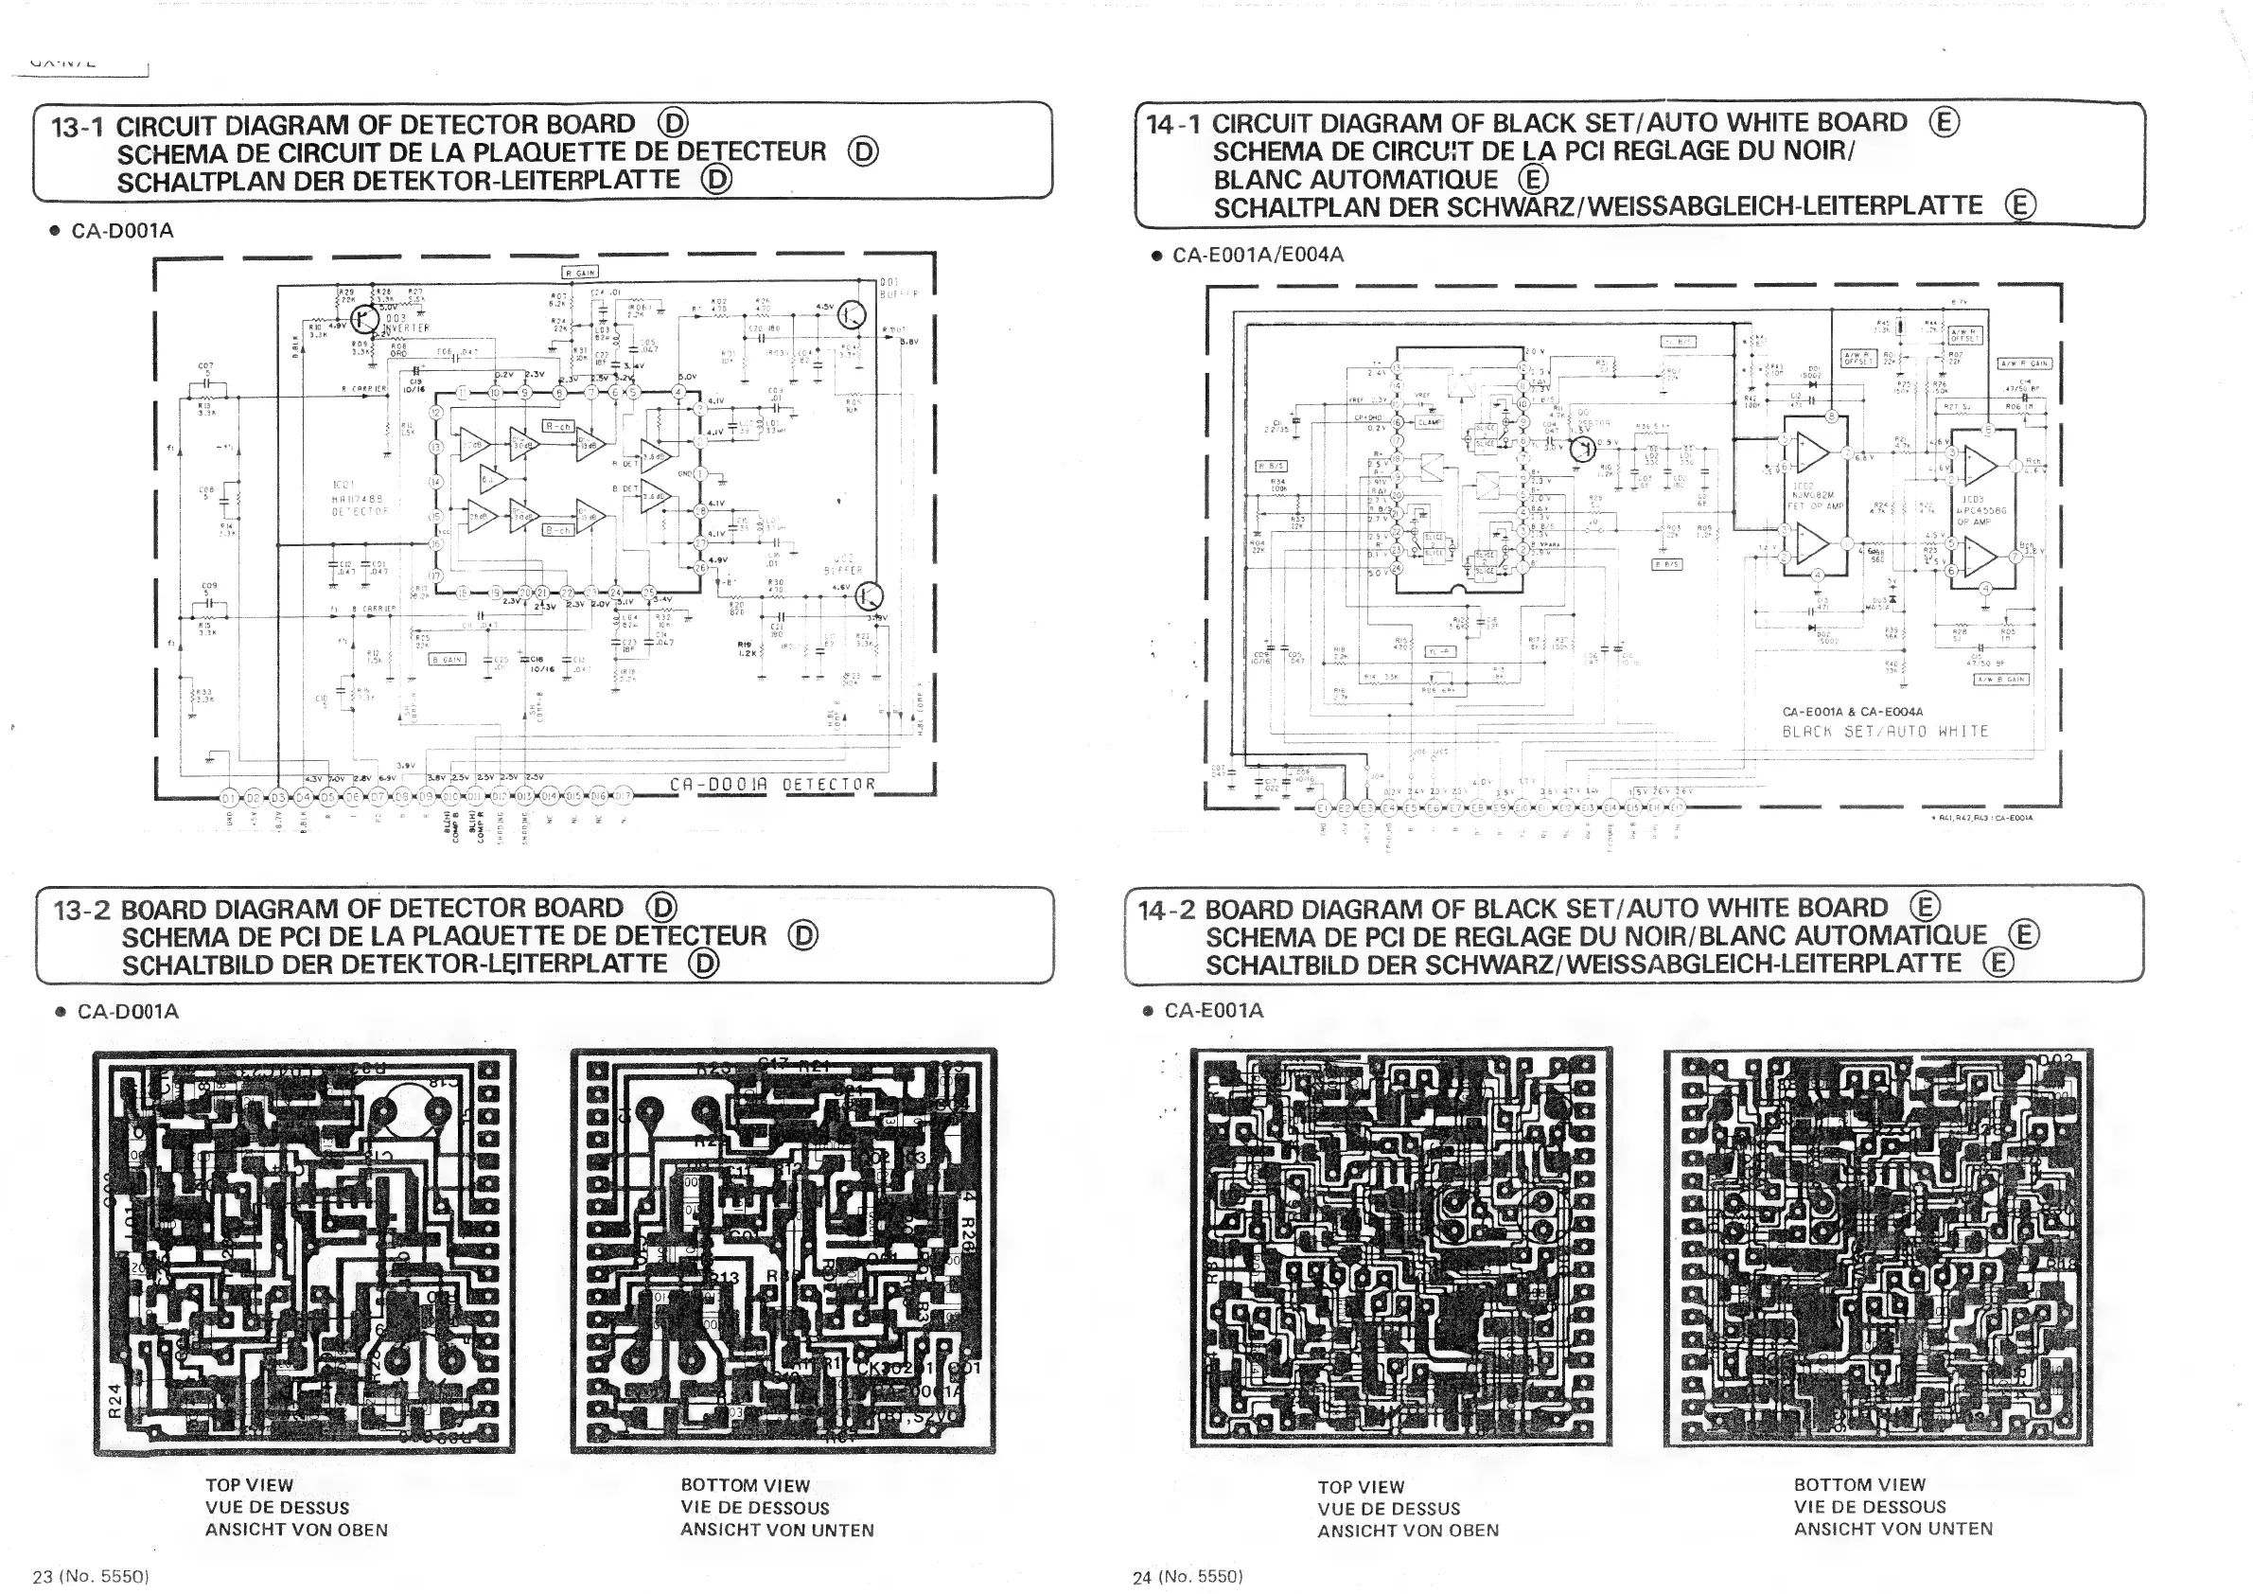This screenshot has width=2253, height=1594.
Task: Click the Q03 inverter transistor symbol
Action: coord(365,319)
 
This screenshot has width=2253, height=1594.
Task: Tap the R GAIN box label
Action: coord(580,272)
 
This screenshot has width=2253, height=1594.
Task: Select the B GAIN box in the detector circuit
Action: coord(447,660)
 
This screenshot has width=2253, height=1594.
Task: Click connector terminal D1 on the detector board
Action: coord(229,797)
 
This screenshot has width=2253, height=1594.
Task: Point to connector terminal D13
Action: coord(524,797)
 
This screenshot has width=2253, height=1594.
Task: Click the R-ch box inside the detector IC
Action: coord(558,427)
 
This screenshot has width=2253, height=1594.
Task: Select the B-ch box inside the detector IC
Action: coord(558,530)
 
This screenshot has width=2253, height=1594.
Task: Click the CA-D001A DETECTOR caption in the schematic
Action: coord(771,785)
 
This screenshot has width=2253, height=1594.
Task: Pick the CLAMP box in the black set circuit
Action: coord(1429,422)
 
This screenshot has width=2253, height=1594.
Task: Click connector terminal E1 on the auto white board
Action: coord(1323,807)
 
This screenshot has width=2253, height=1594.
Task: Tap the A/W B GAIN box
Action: coord(2003,680)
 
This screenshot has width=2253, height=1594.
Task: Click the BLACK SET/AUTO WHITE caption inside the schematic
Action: coord(1885,732)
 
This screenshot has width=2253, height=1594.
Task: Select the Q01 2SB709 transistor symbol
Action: coord(1582,450)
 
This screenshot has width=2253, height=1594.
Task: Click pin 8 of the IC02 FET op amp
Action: coord(1831,417)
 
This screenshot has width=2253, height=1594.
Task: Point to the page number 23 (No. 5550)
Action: coord(90,1576)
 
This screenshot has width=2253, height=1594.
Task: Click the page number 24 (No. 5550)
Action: coord(1188,1576)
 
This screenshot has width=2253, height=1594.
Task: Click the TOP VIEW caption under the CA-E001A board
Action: coord(1361,1487)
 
